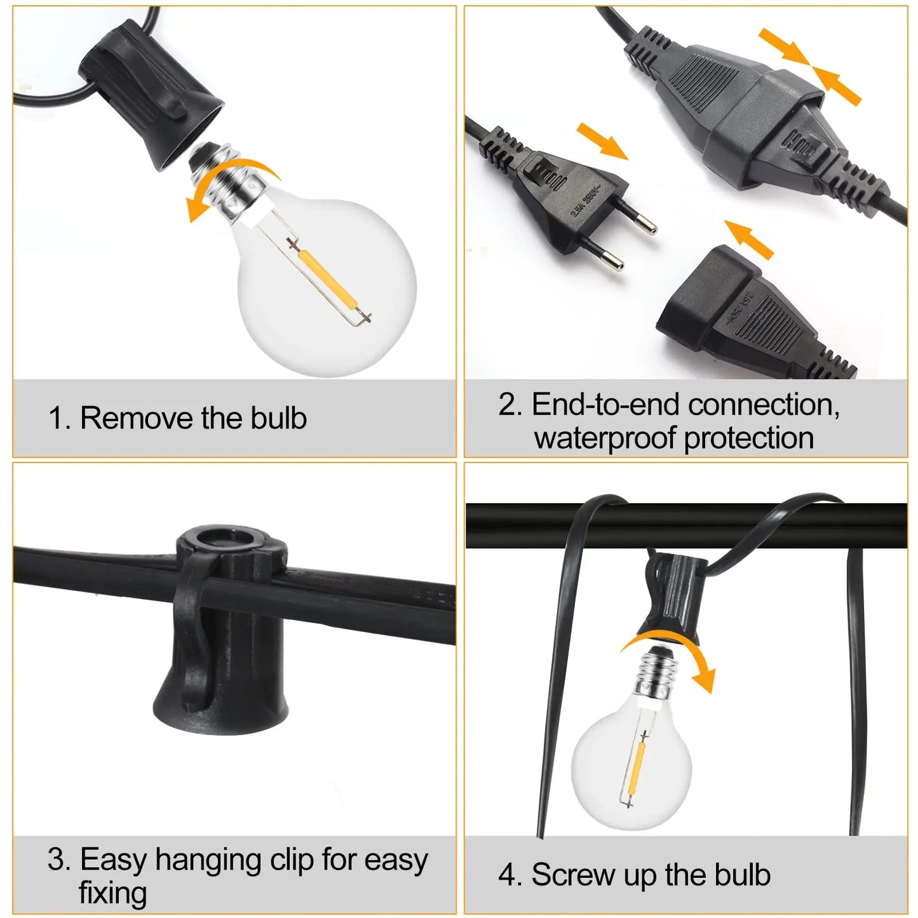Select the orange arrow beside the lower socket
tap(749, 238)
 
